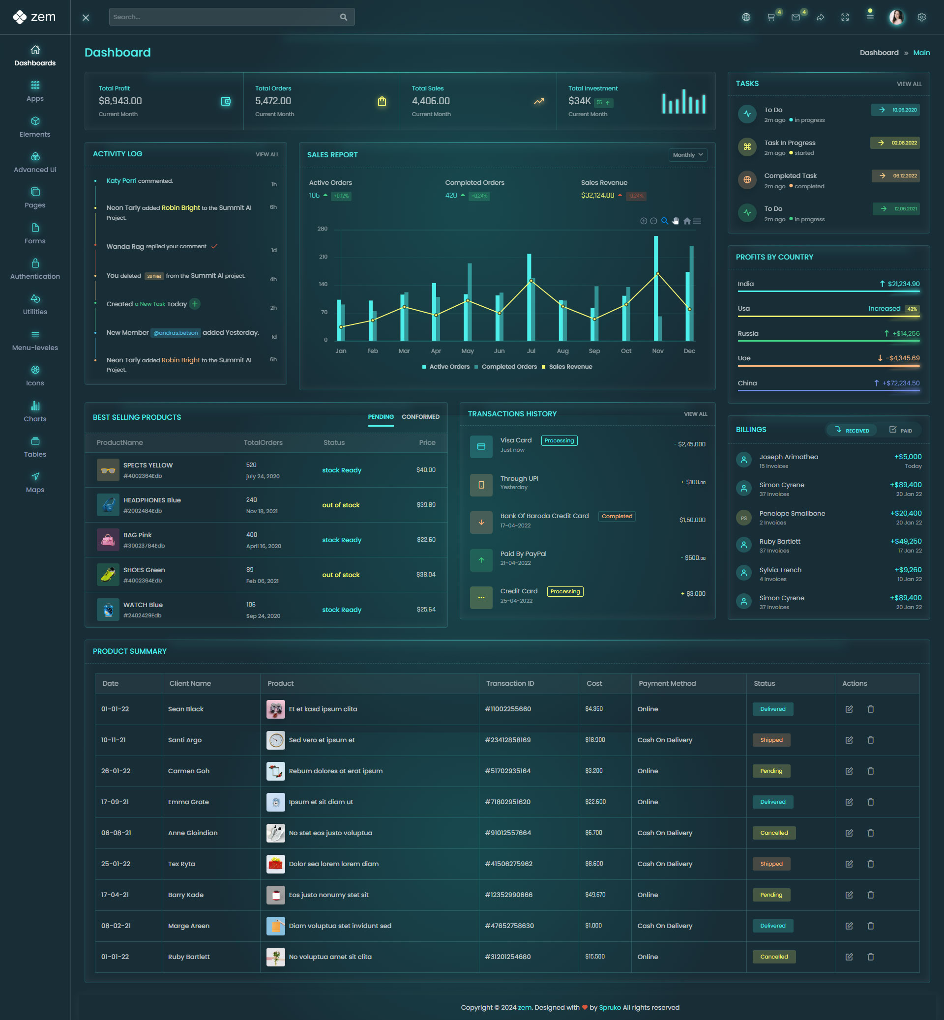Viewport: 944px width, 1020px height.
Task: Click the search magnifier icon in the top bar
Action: [343, 17]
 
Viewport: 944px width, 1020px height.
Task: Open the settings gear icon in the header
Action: [921, 17]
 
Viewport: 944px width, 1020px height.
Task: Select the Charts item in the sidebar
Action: [35, 411]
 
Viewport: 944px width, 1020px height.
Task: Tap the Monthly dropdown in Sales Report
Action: [687, 155]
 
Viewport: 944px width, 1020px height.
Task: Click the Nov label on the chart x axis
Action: [657, 351]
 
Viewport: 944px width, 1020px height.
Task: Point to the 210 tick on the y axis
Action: [324, 257]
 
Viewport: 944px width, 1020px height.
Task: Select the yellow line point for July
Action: [531, 281]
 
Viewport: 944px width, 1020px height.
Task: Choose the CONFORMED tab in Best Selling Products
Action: [420, 417]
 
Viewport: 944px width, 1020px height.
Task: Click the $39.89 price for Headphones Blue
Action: [426, 505]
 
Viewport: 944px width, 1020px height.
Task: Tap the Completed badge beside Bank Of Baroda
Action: [617, 516]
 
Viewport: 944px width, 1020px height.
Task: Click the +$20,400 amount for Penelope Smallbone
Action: [906, 513]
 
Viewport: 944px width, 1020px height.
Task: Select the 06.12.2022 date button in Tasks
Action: [895, 175]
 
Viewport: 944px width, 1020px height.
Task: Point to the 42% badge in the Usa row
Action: [912, 309]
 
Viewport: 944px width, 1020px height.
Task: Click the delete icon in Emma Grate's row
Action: [870, 802]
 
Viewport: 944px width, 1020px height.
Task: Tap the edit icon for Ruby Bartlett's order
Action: [849, 957]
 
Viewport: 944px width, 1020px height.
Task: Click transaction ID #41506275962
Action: [508, 864]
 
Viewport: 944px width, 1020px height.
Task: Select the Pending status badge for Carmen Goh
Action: [771, 771]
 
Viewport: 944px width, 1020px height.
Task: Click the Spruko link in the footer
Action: [609, 1007]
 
